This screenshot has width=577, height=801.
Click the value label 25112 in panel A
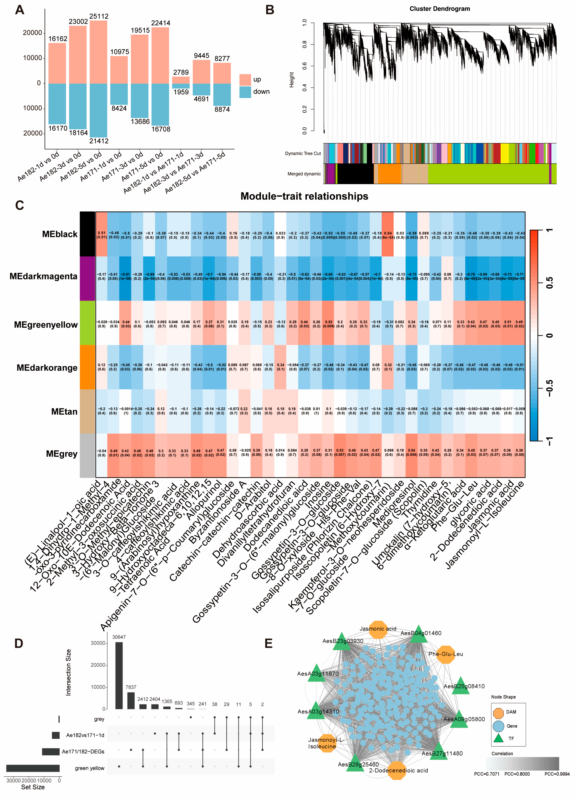[99, 16]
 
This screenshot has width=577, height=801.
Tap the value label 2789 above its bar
[181, 72]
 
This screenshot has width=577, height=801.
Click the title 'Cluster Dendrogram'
[440, 9]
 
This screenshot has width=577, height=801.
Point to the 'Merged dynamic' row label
[304, 174]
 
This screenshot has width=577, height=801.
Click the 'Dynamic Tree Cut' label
[303, 153]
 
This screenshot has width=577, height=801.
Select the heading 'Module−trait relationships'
[304, 196]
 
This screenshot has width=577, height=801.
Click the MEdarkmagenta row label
[43, 276]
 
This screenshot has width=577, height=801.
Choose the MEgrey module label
[62, 454]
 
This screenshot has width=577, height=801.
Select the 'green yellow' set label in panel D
[90, 768]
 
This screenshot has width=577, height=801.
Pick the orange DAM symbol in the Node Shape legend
[498, 713]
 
